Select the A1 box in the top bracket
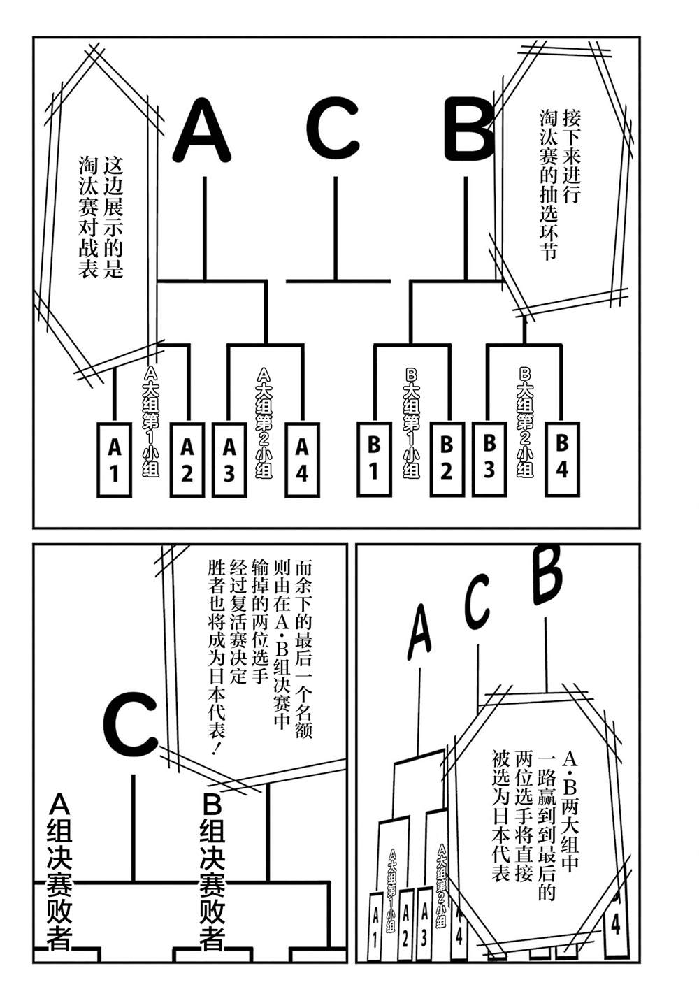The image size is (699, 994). coord(114,460)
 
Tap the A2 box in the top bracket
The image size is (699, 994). coord(187,460)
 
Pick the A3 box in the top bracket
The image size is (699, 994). coord(229,460)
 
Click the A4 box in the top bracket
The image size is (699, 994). coord(301,460)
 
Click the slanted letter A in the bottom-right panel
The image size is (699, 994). coord(419,630)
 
